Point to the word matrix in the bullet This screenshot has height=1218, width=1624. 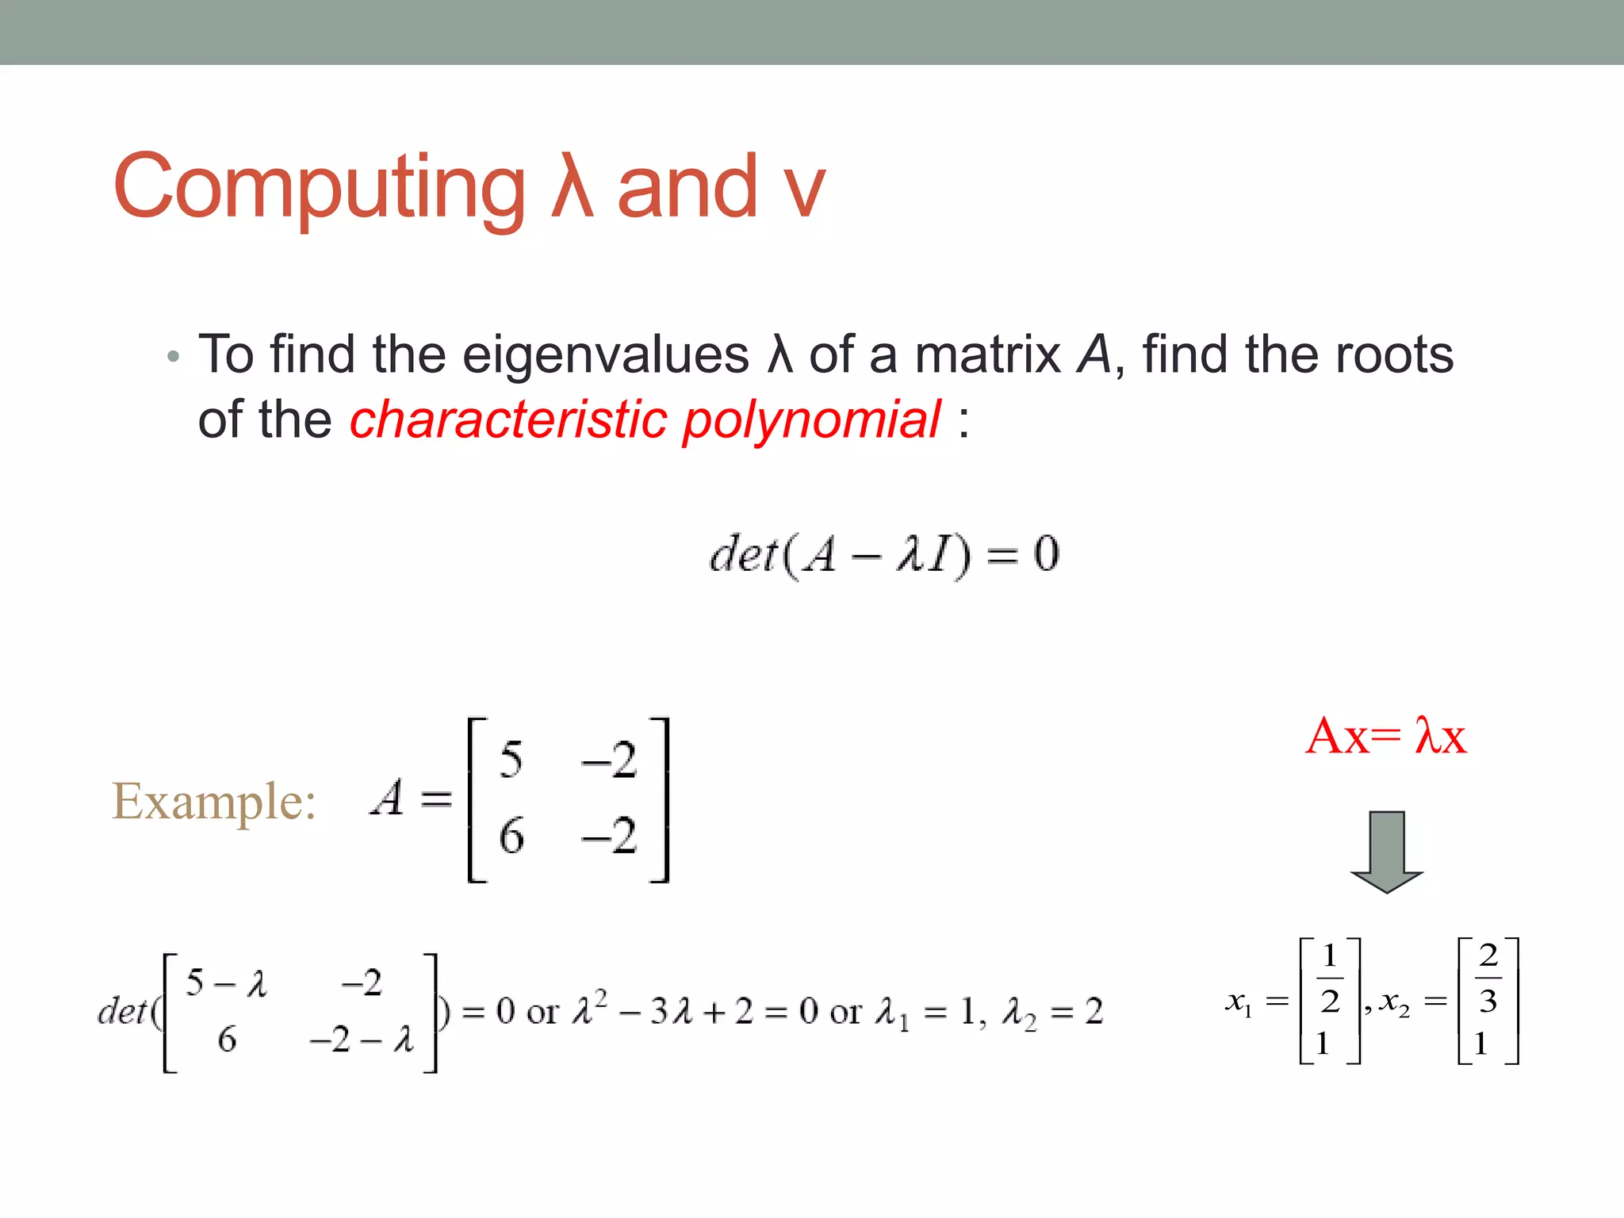987,354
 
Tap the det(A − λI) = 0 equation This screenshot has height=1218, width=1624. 884,554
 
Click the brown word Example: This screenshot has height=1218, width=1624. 214,802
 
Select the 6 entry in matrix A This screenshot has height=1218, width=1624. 511,837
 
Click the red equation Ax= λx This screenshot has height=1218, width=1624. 1385,737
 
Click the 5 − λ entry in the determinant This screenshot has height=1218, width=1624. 227,984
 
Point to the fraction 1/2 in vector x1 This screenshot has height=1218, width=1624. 1330,979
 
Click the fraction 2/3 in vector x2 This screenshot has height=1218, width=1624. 1488,979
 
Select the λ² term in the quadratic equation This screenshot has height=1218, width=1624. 589,1009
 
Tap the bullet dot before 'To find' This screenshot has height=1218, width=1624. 174,357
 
